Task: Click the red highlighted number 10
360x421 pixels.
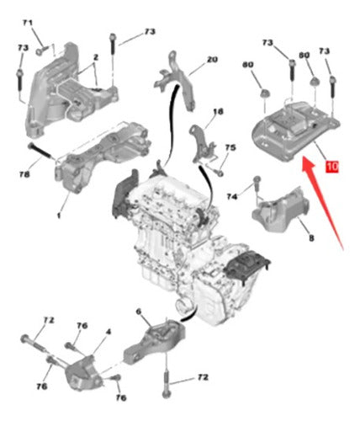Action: coord(332,167)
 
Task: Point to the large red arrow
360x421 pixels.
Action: coord(322,201)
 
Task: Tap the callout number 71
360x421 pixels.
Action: coord(28,23)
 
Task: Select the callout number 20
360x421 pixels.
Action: coord(212,60)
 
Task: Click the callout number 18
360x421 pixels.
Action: coord(218,111)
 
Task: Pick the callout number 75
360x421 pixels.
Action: coord(230,147)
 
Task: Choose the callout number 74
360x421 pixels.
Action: coord(232,197)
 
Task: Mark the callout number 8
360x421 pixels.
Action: coord(311,238)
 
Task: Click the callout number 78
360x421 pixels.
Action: coord(24,174)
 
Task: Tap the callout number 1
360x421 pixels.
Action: coord(59,216)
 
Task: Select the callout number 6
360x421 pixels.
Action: coord(139,312)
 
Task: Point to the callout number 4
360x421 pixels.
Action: coord(109,332)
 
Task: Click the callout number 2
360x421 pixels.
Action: coord(96,57)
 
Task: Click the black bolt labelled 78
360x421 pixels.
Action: coord(40,151)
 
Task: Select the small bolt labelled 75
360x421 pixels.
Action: coord(218,172)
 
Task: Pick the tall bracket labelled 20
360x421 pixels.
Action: coord(175,81)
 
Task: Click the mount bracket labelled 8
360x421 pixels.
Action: coord(280,210)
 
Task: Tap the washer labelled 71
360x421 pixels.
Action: coord(40,51)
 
